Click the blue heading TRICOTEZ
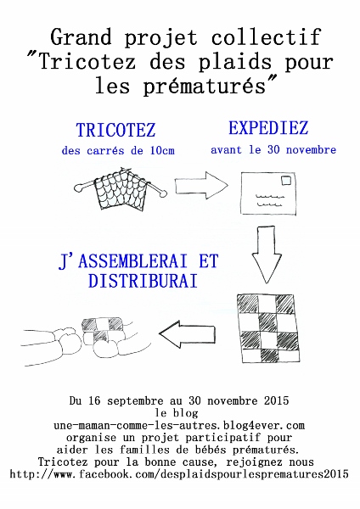tap(115, 130)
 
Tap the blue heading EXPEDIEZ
tap(268, 127)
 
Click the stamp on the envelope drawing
tap(286, 180)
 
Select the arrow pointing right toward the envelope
tap(201, 185)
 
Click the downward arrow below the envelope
tap(267, 255)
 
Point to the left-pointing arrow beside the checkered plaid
tap(187, 334)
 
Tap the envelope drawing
tap(268, 193)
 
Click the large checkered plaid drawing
tap(268, 328)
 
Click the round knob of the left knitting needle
tap(78, 187)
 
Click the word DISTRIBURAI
tap(143, 281)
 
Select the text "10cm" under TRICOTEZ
tap(162, 151)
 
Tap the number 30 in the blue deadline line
tap(273, 149)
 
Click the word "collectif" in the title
tap(267, 37)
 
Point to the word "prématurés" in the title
tap(205, 87)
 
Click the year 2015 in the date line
tap(276, 400)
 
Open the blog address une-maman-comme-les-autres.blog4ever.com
tap(179, 425)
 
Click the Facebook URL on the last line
tap(179, 474)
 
